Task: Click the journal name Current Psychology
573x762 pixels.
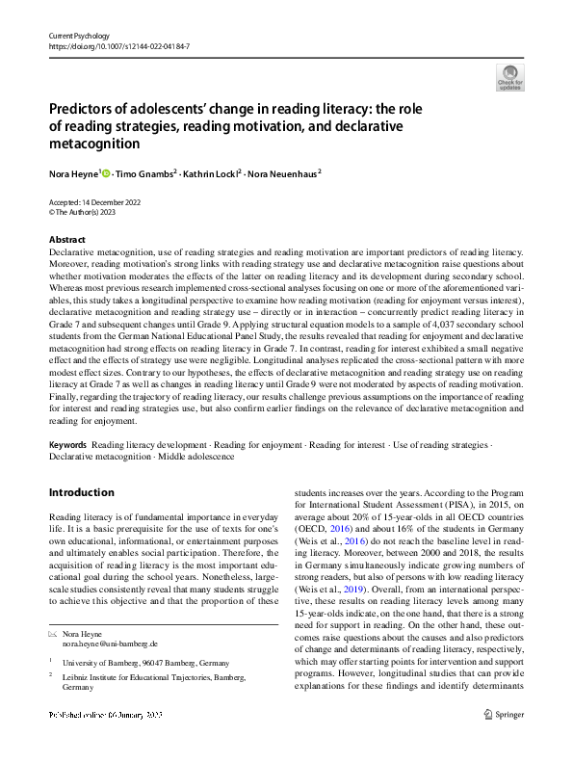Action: [x=80, y=35]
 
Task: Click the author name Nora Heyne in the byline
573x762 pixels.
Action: [x=73, y=174]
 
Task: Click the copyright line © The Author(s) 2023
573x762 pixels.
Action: [x=83, y=212]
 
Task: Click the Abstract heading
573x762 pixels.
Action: [x=66, y=240]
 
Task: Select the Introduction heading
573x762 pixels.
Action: [x=81, y=492]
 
